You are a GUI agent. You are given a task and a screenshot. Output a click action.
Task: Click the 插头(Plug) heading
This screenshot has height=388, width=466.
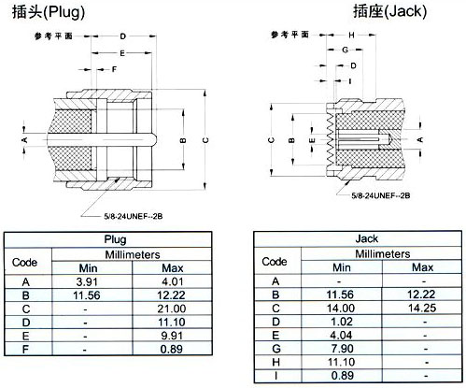tap(49, 12)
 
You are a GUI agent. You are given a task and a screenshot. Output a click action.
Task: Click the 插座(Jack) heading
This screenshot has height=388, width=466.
tap(389, 12)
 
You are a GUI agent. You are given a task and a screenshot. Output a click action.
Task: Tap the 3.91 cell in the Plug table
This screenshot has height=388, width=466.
tap(87, 281)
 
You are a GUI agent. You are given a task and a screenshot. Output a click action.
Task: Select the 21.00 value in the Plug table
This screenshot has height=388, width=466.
tap(172, 309)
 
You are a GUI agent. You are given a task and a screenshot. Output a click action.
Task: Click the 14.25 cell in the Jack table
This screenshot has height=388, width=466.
tap(422, 308)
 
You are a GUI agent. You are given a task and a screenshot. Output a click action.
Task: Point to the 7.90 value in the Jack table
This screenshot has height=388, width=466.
tap(342, 349)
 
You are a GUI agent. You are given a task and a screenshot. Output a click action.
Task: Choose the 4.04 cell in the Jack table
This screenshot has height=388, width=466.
tap(341, 335)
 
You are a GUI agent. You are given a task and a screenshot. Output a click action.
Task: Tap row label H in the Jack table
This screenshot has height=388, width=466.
tap(275, 362)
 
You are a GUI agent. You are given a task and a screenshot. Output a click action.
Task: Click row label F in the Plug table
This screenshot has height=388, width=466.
tap(25, 350)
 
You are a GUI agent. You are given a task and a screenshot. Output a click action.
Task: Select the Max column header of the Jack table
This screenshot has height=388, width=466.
tap(422, 267)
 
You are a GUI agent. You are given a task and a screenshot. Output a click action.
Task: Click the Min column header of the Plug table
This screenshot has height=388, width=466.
tap(88, 268)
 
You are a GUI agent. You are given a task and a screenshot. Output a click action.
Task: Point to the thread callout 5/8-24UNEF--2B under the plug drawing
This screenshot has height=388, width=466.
tap(134, 216)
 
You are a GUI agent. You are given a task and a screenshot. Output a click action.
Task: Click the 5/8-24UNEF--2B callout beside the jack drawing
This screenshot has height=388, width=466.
tap(381, 195)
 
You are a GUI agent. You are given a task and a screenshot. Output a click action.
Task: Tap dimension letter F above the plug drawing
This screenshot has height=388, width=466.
tap(114, 69)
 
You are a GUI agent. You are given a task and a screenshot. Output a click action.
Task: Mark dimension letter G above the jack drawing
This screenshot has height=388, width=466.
tap(345, 50)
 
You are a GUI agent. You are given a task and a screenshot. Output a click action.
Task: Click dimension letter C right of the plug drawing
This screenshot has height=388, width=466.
tap(205, 140)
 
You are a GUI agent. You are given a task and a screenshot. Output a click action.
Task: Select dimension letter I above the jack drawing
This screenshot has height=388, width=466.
tap(350, 81)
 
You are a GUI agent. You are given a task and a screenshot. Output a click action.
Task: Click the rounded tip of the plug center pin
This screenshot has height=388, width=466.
tap(154, 139)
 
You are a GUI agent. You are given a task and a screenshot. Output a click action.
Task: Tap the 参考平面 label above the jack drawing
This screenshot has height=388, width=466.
tap(289, 35)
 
